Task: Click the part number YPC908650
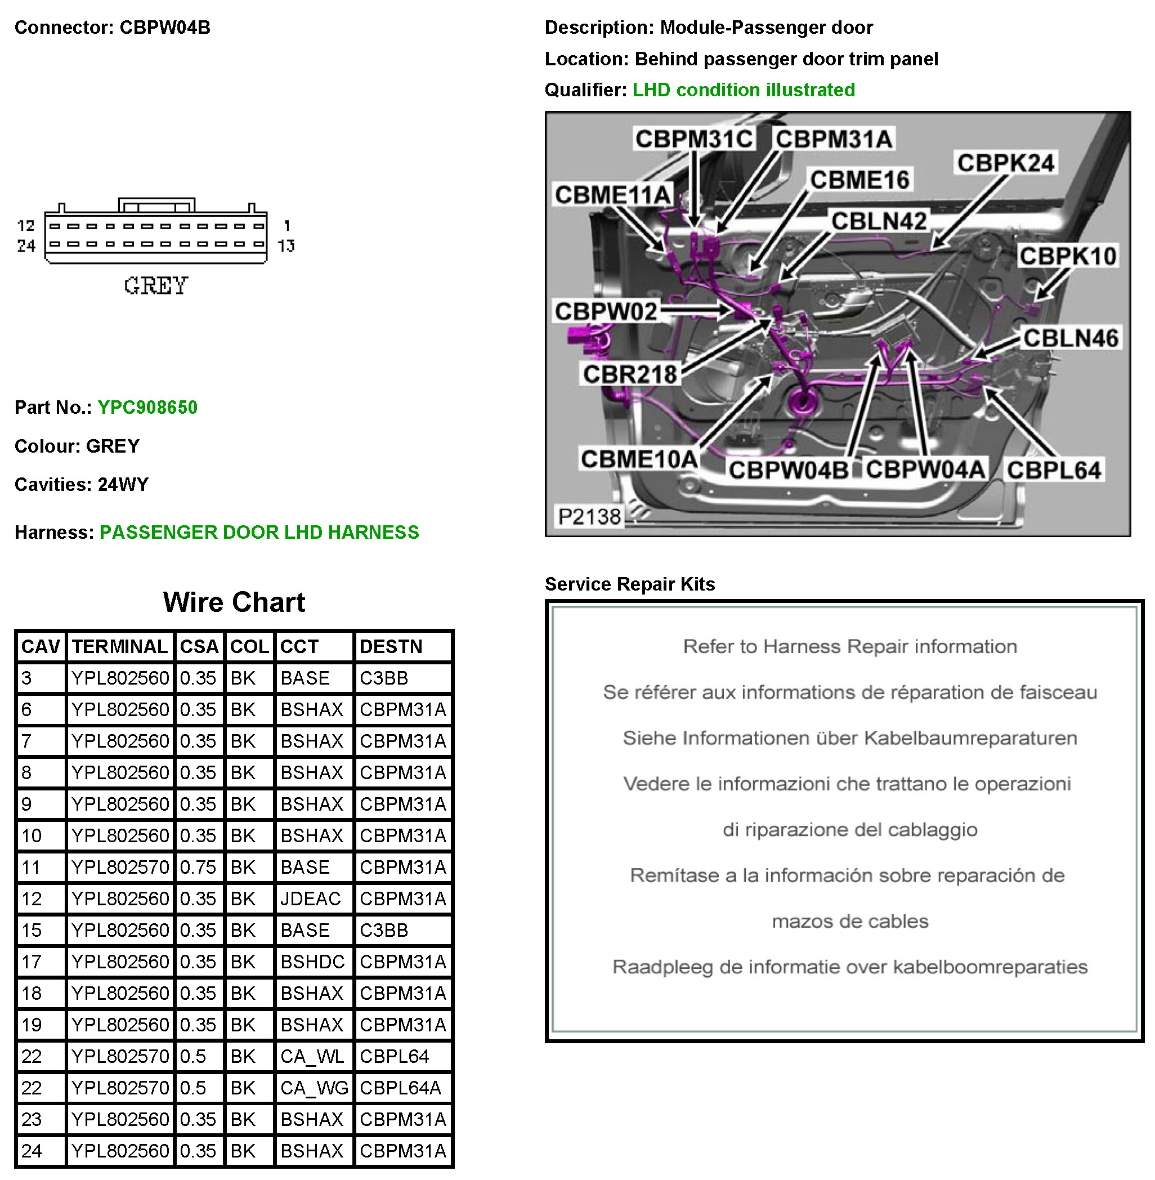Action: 147,407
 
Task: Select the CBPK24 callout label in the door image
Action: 1006,163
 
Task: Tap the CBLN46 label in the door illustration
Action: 1071,338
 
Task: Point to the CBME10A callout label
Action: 639,459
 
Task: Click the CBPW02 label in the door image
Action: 606,311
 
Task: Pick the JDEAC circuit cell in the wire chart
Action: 311,899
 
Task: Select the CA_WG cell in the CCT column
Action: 314,1088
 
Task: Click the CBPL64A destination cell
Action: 400,1088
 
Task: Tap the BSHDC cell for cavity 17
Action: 312,962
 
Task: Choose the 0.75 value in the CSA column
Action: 198,867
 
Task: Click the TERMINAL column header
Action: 119,646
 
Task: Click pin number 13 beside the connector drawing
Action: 286,245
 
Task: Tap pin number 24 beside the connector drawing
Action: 26,245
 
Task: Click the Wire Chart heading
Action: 234,602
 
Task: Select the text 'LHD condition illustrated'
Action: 744,90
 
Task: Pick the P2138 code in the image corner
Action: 589,517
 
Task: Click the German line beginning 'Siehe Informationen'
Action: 850,737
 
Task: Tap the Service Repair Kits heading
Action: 630,584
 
